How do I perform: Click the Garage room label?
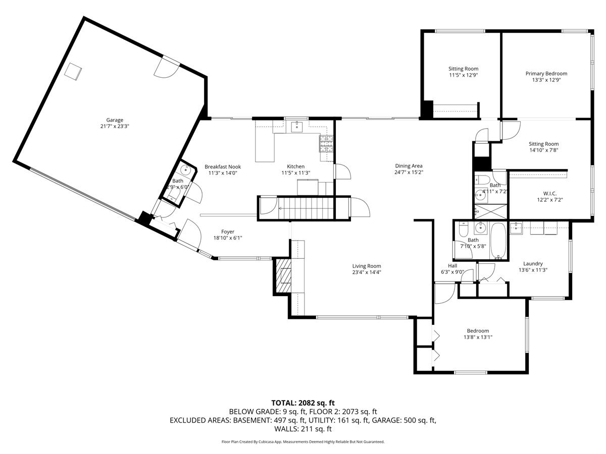[115, 120]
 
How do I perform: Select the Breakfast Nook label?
[223, 166]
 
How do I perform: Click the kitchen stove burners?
[326, 144]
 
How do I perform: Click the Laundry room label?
[533, 263]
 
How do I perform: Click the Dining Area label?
[409, 166]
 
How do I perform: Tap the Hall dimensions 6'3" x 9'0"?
[452, 272]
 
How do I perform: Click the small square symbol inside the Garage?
[74, 71]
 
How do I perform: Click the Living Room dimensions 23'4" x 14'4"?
[367, 272]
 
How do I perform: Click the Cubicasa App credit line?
[303, 442]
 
